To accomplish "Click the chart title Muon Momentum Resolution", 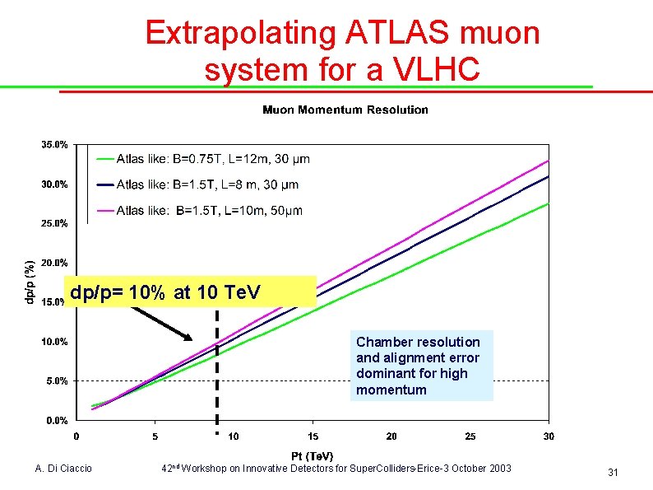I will point(345,110).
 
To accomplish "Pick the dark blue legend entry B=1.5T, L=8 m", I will point(207,184).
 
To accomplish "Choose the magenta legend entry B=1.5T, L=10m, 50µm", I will point(209,211).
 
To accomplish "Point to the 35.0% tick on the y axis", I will point(55,145).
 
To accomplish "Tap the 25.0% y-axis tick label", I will point(55,223).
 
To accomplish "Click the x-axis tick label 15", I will point(313,436).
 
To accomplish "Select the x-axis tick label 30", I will point(549,436).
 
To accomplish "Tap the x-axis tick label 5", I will point(155,436).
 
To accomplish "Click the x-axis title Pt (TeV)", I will point(313,455).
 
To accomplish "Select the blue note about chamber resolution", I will point(421,366).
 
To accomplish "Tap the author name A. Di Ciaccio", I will point(64,469).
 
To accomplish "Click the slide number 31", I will point(612,473).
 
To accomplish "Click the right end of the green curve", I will point(547,204).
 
